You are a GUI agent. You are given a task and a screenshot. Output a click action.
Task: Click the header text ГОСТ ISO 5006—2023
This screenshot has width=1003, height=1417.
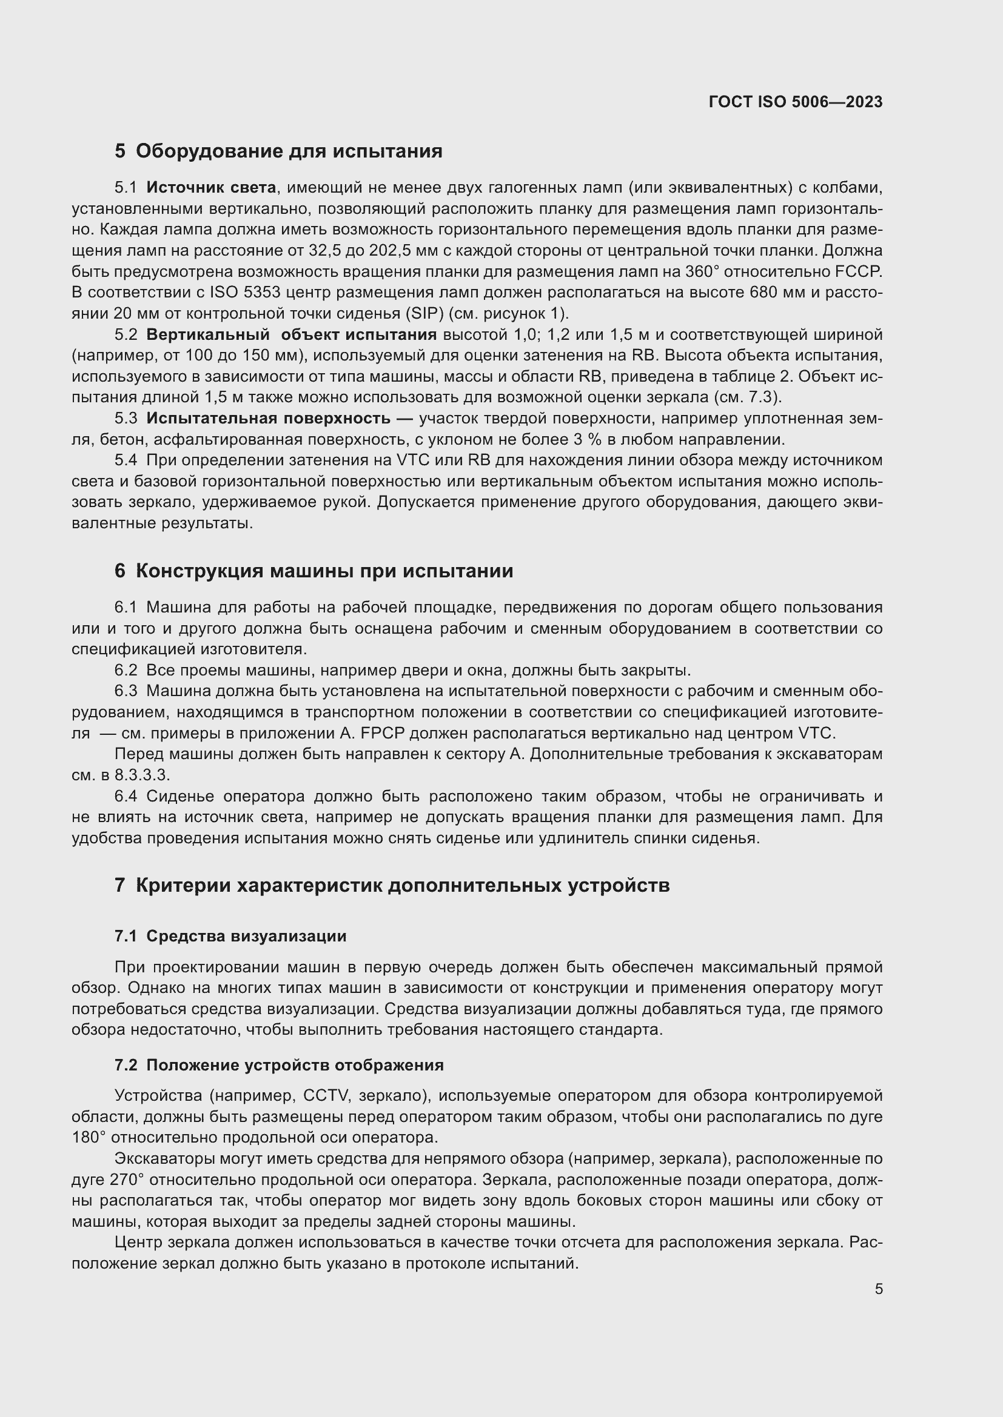(x=796, y=102)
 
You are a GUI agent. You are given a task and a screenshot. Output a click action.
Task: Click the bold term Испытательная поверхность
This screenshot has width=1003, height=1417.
(x=268, y=419)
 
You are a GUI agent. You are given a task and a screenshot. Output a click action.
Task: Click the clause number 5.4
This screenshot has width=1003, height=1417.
(x=126, y=460)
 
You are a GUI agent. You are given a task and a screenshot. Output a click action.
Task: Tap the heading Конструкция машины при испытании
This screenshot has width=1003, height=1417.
(x=324, y=571)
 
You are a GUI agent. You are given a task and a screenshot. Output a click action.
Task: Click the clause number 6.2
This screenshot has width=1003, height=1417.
(x=126, y=670)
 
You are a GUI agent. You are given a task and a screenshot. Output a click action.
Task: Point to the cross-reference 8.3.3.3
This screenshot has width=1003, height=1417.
(x=141, y=775)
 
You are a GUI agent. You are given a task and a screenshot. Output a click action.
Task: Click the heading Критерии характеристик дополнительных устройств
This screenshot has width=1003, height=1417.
(x=402, y=886)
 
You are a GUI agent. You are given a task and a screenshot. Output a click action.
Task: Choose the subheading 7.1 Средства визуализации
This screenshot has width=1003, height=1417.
(x=230, y=936)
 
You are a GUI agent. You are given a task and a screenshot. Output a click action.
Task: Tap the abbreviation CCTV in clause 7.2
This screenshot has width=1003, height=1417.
(x=326, y=1095)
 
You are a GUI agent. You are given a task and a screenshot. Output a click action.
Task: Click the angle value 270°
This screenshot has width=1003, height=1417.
(x=127, y=1180)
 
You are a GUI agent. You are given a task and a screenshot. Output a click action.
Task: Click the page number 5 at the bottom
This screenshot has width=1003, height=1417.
(x=878, y=1289)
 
